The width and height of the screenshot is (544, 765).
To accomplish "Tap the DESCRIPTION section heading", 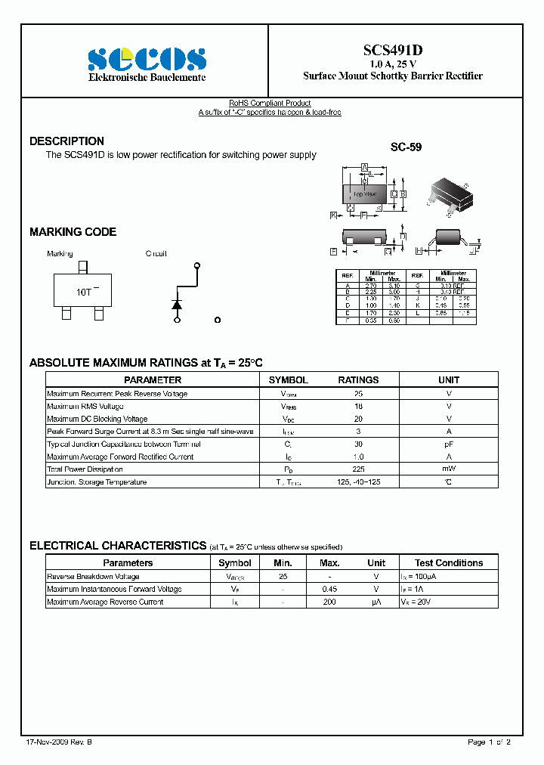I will tap(66, 141).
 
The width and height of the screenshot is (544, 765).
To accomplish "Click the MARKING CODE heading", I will tap(73, 232).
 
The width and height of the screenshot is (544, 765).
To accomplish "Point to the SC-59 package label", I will tap(406, 147).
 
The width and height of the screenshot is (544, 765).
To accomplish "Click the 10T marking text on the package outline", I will tap(83, 291).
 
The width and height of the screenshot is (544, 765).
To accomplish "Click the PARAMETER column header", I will tap(153, 380).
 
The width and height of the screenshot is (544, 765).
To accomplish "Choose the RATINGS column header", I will tap(358, 380).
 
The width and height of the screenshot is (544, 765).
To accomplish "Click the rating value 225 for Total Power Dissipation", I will tap(358, 469).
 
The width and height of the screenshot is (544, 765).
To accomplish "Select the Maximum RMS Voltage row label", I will tap(85, 406).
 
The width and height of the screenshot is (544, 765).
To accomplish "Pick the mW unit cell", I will tap(449, 469).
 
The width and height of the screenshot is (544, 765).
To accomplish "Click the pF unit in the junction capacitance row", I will tap(449, 444).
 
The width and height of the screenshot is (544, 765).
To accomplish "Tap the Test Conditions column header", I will tap(449, 563).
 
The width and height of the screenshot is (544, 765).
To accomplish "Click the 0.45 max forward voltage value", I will tap(329, 589).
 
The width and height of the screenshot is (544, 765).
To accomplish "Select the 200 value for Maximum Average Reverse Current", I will tap(329, 602).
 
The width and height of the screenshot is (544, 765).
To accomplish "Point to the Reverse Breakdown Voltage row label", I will tap(93, 576).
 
